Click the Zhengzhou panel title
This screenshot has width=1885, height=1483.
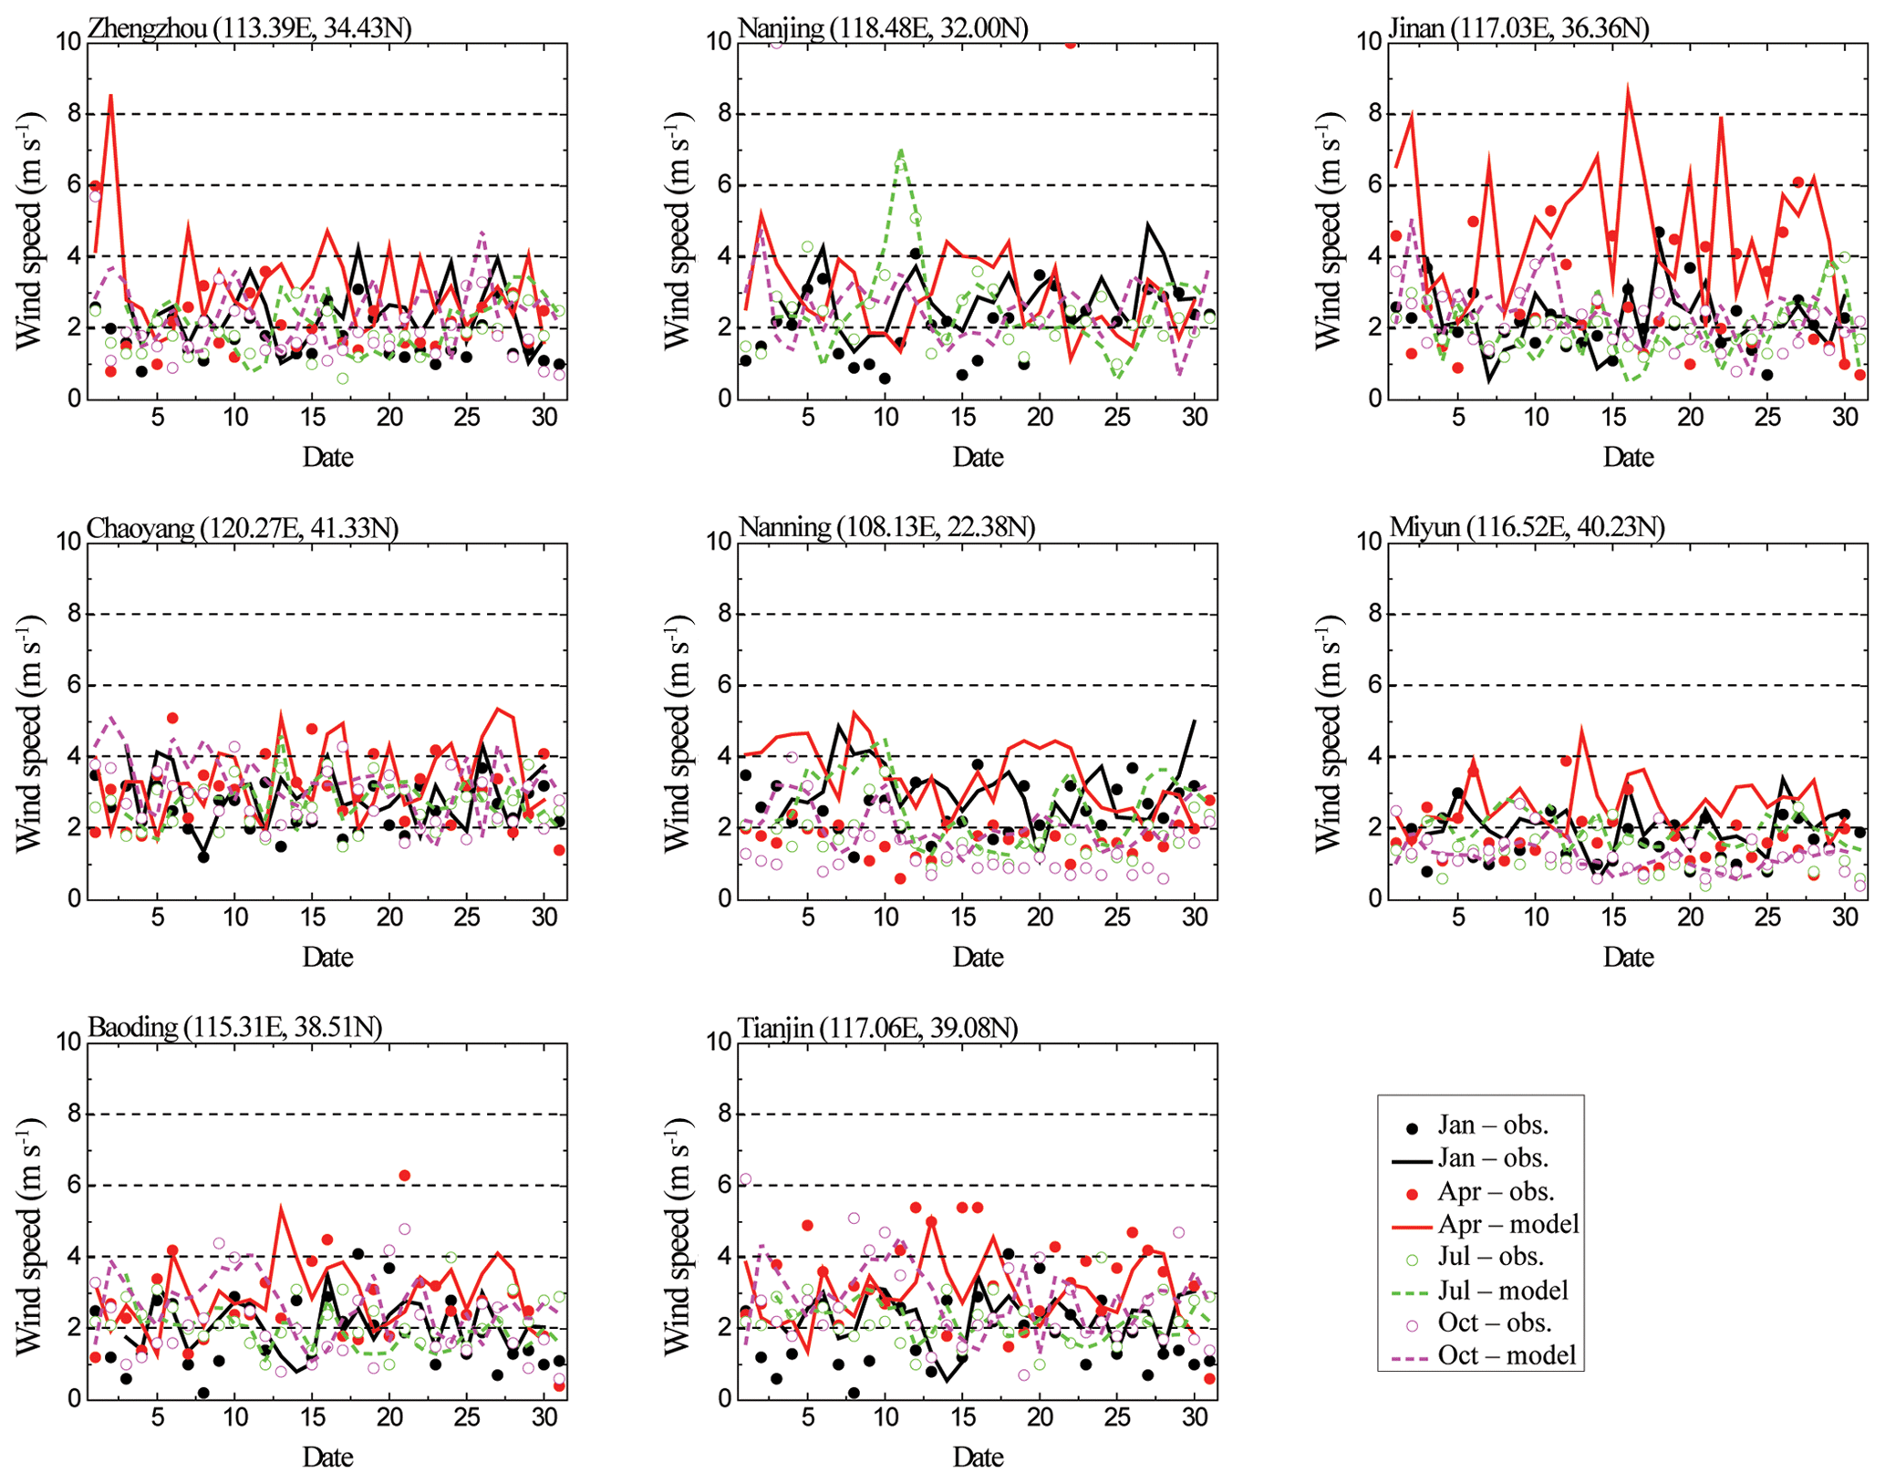coord(249,28)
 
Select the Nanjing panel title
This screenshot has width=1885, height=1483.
coord(883,28)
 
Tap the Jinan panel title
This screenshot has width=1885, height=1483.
coord(1518,28)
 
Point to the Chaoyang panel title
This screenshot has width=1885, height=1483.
coord(243,528)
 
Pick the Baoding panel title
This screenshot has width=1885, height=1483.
coord(235,1027)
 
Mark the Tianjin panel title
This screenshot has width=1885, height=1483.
coord(877,1028)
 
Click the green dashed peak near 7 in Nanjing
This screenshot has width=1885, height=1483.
coord(901,150)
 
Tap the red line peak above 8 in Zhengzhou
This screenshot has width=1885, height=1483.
coord(111,96)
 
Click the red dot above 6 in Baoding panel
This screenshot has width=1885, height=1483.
coord(405,1176)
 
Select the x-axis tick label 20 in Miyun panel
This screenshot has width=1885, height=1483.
coord(1690,917)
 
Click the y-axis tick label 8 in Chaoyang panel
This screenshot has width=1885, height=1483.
coord(74,614)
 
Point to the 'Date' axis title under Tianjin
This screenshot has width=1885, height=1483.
coord(978,1457)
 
